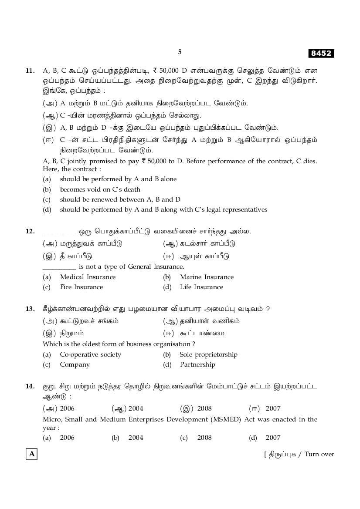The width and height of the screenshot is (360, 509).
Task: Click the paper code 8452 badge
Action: click(321, 54)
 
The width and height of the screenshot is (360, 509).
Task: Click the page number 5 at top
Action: click(180, 52)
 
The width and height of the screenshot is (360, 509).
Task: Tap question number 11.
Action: click(30, 70)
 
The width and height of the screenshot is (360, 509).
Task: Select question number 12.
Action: click(30, 231)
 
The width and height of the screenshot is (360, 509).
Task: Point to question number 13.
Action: click(30, 309)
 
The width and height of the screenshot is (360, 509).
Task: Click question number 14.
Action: click(30, 386)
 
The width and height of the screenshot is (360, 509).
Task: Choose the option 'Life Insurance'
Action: click(201, 287)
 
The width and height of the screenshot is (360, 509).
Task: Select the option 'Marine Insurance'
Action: click(207, 277)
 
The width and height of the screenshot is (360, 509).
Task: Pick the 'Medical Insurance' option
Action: click(88, 277)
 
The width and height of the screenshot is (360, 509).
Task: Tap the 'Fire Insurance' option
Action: click(82, 287)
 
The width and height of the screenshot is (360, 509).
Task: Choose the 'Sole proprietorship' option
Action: click(208, 354)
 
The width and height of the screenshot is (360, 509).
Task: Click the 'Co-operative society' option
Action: click(90, 354)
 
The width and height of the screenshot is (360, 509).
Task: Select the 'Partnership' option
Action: click(197, 364)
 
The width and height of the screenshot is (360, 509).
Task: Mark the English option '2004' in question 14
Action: click(136, 438)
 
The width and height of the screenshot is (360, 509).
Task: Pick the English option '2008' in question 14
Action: click(204, 438)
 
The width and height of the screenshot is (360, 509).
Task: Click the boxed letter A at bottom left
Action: click(31, 454)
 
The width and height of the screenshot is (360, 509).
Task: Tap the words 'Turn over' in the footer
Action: click(319, 454)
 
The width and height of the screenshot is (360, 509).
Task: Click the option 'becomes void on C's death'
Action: click(100, 189)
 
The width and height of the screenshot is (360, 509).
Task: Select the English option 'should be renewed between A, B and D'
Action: click(120, 199)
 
